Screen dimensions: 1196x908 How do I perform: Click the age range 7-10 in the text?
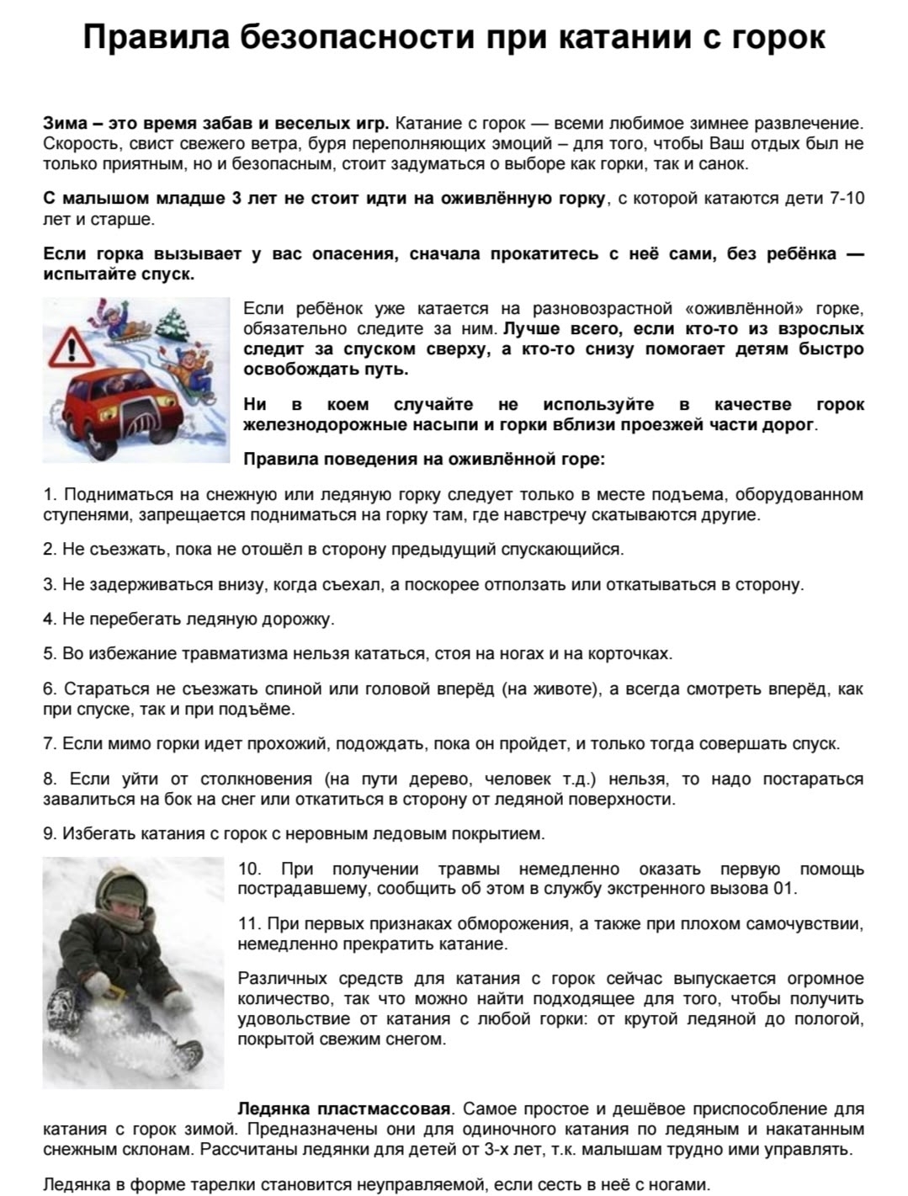[847, 199]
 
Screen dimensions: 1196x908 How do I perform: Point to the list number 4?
[49, 619]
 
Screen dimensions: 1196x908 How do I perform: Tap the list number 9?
[49, 833]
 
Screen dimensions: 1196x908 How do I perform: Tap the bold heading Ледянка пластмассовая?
[345, 1108]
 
